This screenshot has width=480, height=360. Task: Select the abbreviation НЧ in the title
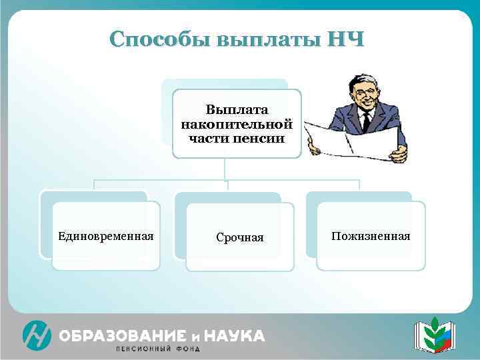(x=345, y=39)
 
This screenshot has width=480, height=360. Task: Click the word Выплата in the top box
(x=237, y=109)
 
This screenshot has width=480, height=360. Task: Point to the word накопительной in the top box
(x=237, y=124)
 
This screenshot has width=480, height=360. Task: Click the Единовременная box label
(x=106, y=236)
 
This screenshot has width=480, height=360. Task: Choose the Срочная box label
(x=240, y=237)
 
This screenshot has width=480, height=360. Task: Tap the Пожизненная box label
(x=371, y=236)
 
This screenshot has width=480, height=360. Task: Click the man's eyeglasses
(x=365, y=93)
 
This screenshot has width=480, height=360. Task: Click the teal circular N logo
(x=36, y=335)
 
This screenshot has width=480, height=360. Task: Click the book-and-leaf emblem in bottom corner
(x=433, y=335)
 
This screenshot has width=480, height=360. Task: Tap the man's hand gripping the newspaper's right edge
(x=399, y=154)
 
